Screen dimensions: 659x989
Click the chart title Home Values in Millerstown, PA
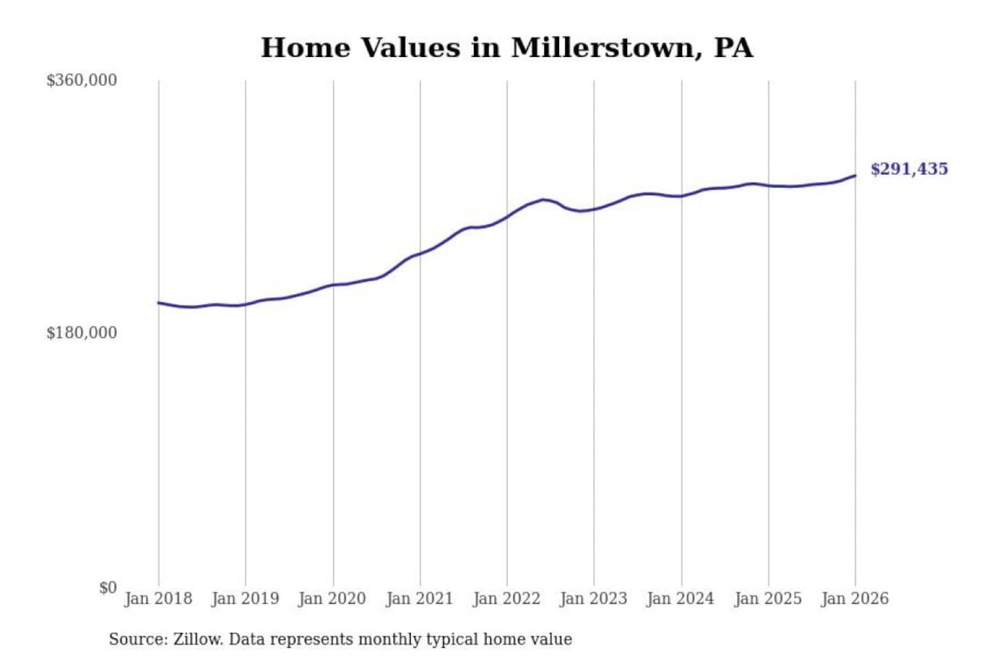point(507,48)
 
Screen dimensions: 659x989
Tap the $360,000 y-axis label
point(82,80)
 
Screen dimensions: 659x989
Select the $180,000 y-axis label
point(82,333)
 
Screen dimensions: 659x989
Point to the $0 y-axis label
point(108,588)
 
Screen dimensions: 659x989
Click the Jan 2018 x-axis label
point(159,599)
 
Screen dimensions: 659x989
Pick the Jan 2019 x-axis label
point(245,599)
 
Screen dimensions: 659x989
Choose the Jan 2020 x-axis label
point(332,599)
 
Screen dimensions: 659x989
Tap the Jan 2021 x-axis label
point(420,599)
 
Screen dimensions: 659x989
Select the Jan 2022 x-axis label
point(507,599)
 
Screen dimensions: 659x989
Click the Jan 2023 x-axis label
point(594,599)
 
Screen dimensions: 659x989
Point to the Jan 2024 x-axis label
point(681,599)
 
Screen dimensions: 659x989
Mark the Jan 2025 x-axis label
point(768,599)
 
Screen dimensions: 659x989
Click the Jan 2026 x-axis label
point(855,599)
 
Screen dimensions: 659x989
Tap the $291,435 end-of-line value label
point(909,169)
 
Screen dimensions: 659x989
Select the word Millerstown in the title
point(602,48)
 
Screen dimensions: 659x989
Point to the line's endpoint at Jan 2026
point(855,176)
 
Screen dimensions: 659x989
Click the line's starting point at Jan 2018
point(159,303)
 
